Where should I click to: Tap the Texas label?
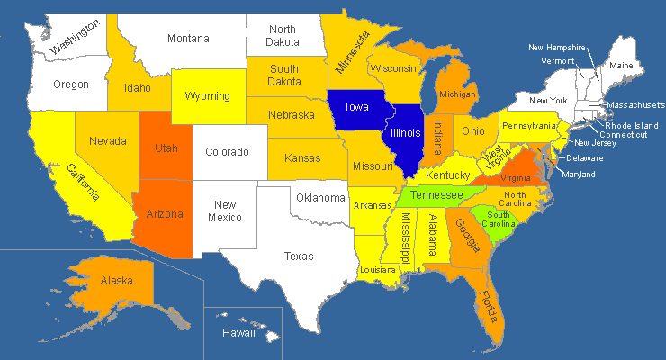click(299, 256)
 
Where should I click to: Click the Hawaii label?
click(239, 334)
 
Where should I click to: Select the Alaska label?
click(118, 280)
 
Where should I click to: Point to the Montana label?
click(188, 39)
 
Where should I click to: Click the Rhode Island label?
click(632, 125)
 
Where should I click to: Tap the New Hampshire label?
click(557, 47)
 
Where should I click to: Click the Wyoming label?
click(207, 96)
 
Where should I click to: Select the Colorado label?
click(228, 152)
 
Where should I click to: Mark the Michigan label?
click(458, 94)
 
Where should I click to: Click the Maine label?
click(621, 66)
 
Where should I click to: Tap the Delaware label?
click(585, 158)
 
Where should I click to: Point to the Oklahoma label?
click(321, 197)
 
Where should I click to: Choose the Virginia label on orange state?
click(508, 178)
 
